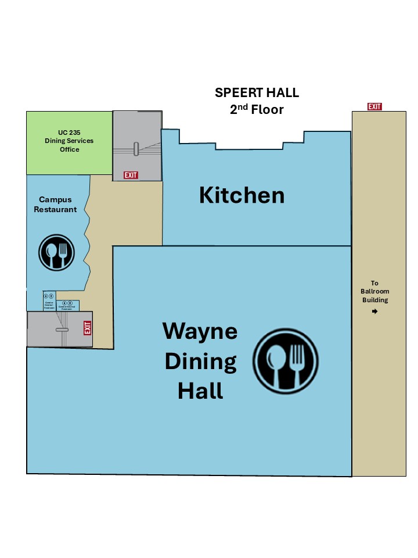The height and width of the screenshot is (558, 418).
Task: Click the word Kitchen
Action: (x=242, y=195)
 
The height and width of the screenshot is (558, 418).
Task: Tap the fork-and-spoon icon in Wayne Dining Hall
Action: (x=285, y=359)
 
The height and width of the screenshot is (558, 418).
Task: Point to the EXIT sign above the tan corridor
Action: (x=374, y=106)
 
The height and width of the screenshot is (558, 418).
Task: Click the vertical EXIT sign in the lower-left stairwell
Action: (x=88, y=328)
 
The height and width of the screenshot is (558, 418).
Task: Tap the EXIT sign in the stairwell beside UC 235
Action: (x=131, y=175)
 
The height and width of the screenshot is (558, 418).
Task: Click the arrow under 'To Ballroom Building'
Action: (x=374, y=312)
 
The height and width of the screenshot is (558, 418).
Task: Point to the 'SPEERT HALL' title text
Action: (x=257, y=92)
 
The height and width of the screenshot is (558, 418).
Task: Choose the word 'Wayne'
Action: (x=200, y=331)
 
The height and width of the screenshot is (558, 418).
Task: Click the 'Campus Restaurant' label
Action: (x=55, y=205)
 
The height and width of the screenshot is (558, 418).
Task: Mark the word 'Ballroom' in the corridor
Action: (x=374, y=292)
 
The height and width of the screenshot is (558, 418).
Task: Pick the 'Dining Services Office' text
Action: (x=69, y=145)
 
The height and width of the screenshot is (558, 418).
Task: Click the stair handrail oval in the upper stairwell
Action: (x=136, y=149)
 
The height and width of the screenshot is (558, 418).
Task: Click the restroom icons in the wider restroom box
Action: (x=67, y=303)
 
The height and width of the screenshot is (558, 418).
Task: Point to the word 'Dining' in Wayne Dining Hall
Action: (x=200, y=362)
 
